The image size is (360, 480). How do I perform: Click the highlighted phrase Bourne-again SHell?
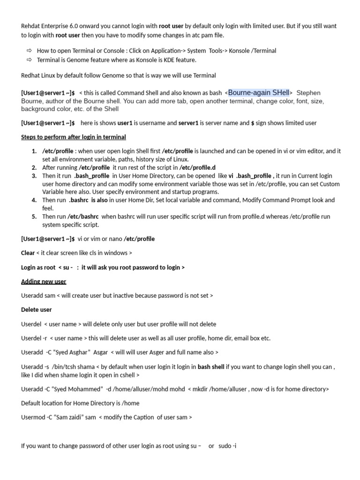(259, 93)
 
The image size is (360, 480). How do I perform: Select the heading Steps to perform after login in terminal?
(74, 137)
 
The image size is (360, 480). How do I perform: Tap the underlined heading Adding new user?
(44, 282)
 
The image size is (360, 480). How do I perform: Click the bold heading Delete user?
(37, 310)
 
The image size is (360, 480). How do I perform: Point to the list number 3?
(34, 176)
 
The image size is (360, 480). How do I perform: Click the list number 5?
(34, 217)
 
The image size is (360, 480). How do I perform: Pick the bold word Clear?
(28, 253)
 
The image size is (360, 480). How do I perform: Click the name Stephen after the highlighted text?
(309, 93)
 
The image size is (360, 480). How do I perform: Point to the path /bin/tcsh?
(66, 367)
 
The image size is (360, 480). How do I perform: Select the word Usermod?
(33, 417)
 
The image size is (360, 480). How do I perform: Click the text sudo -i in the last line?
(227, 446)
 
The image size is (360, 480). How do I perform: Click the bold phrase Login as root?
(38, 267)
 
